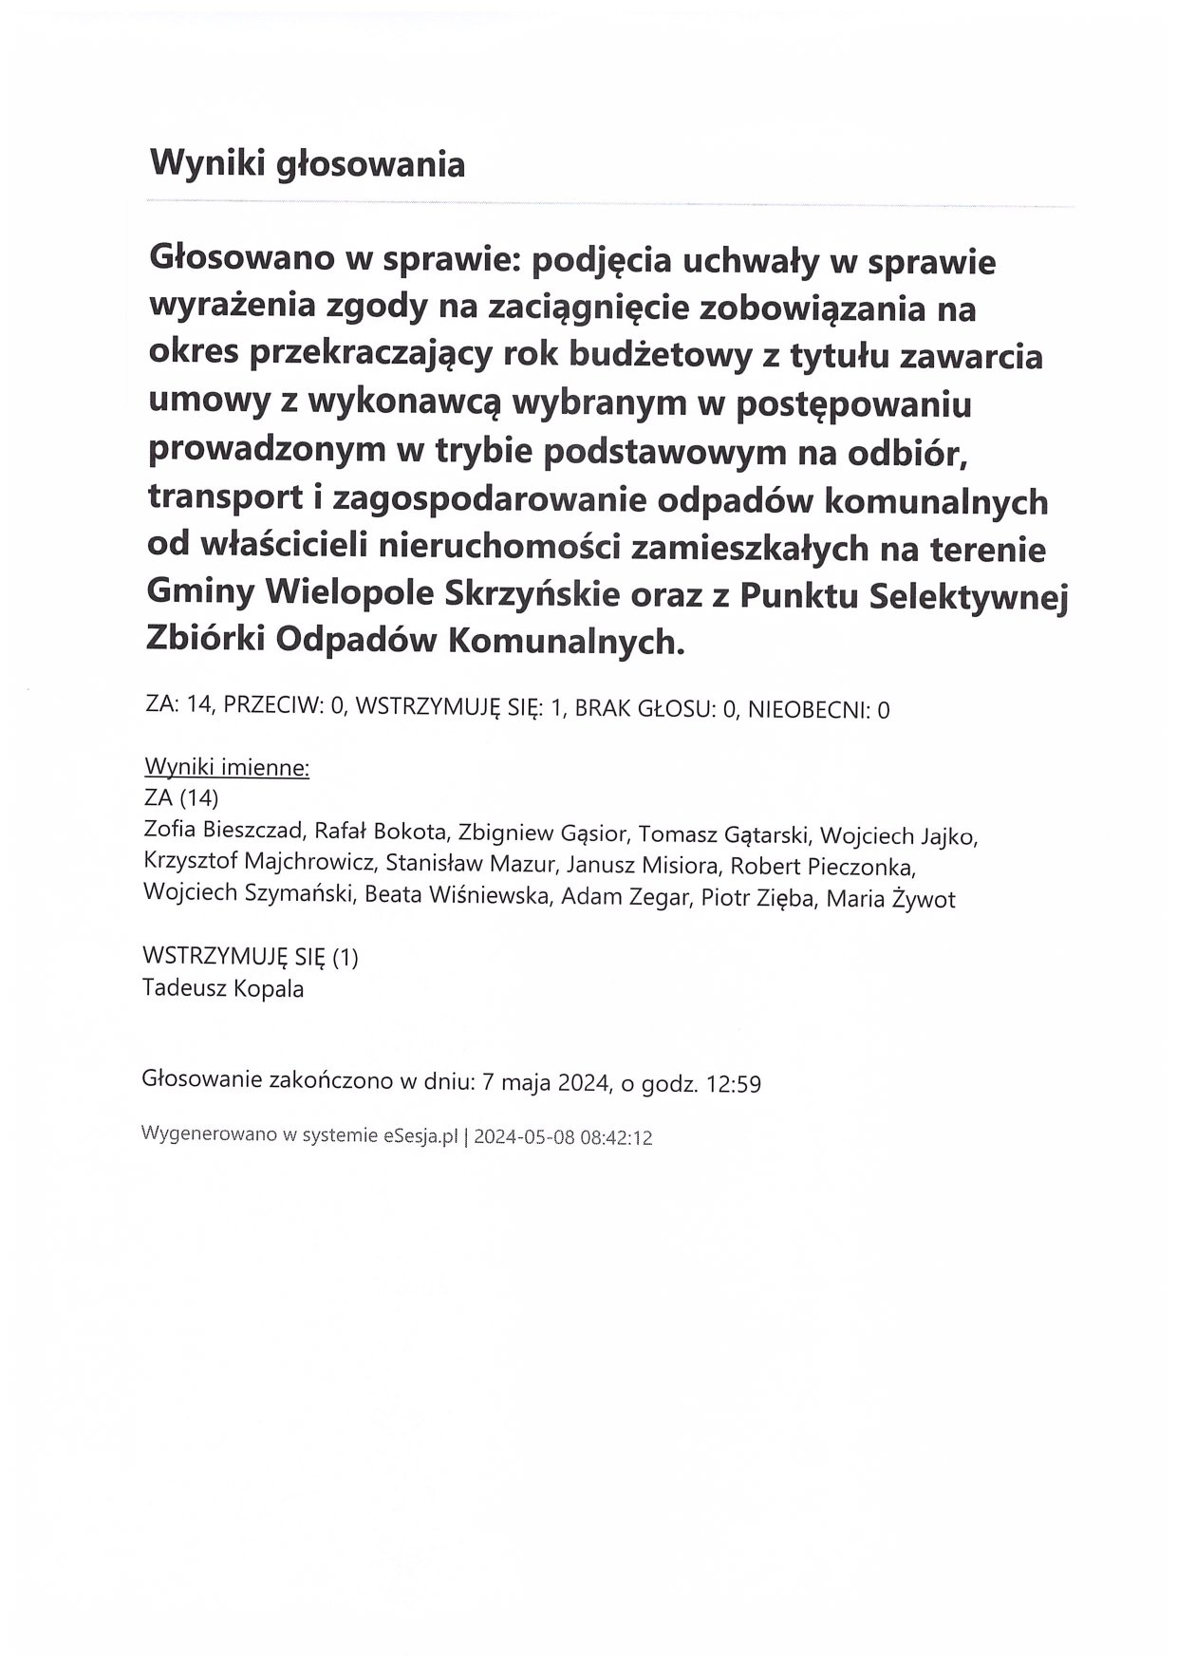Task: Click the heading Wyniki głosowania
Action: point(308,165)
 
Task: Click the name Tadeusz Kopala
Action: point(223,989)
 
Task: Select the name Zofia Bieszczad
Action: point(222,832)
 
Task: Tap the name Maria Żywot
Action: point(890,899)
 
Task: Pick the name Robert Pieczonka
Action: point(822,867)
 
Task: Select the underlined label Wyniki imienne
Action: point(227,767)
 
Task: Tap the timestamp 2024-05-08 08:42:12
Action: point(563,1137)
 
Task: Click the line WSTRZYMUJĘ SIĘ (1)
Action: point(251,957)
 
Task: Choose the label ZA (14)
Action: point(180,797)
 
